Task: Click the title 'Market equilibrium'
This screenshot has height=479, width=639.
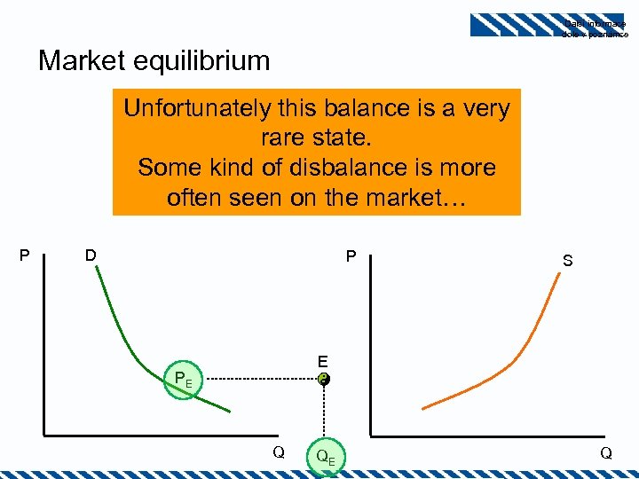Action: pyautogui.click(x=154, y=61)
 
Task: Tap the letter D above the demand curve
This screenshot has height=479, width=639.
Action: pyautogui.click(x=91, y=256)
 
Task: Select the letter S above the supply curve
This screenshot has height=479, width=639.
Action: pyautogui.click(x=567, y=261)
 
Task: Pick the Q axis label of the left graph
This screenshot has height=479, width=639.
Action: pyautogui.click(x=278, y=452)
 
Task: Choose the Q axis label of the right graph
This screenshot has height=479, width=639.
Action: pyautogui.click(x=606, y=452)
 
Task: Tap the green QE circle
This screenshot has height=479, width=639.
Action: pyautogui.click(x=325, y=455)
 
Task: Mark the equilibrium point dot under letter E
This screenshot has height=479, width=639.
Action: pyautogui.click(x=325, y=380)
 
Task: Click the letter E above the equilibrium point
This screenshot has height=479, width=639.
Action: pyautogui.click(x=323, y=361)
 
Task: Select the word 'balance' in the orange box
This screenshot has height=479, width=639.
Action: pyautogui.click(x=389, y=109)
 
